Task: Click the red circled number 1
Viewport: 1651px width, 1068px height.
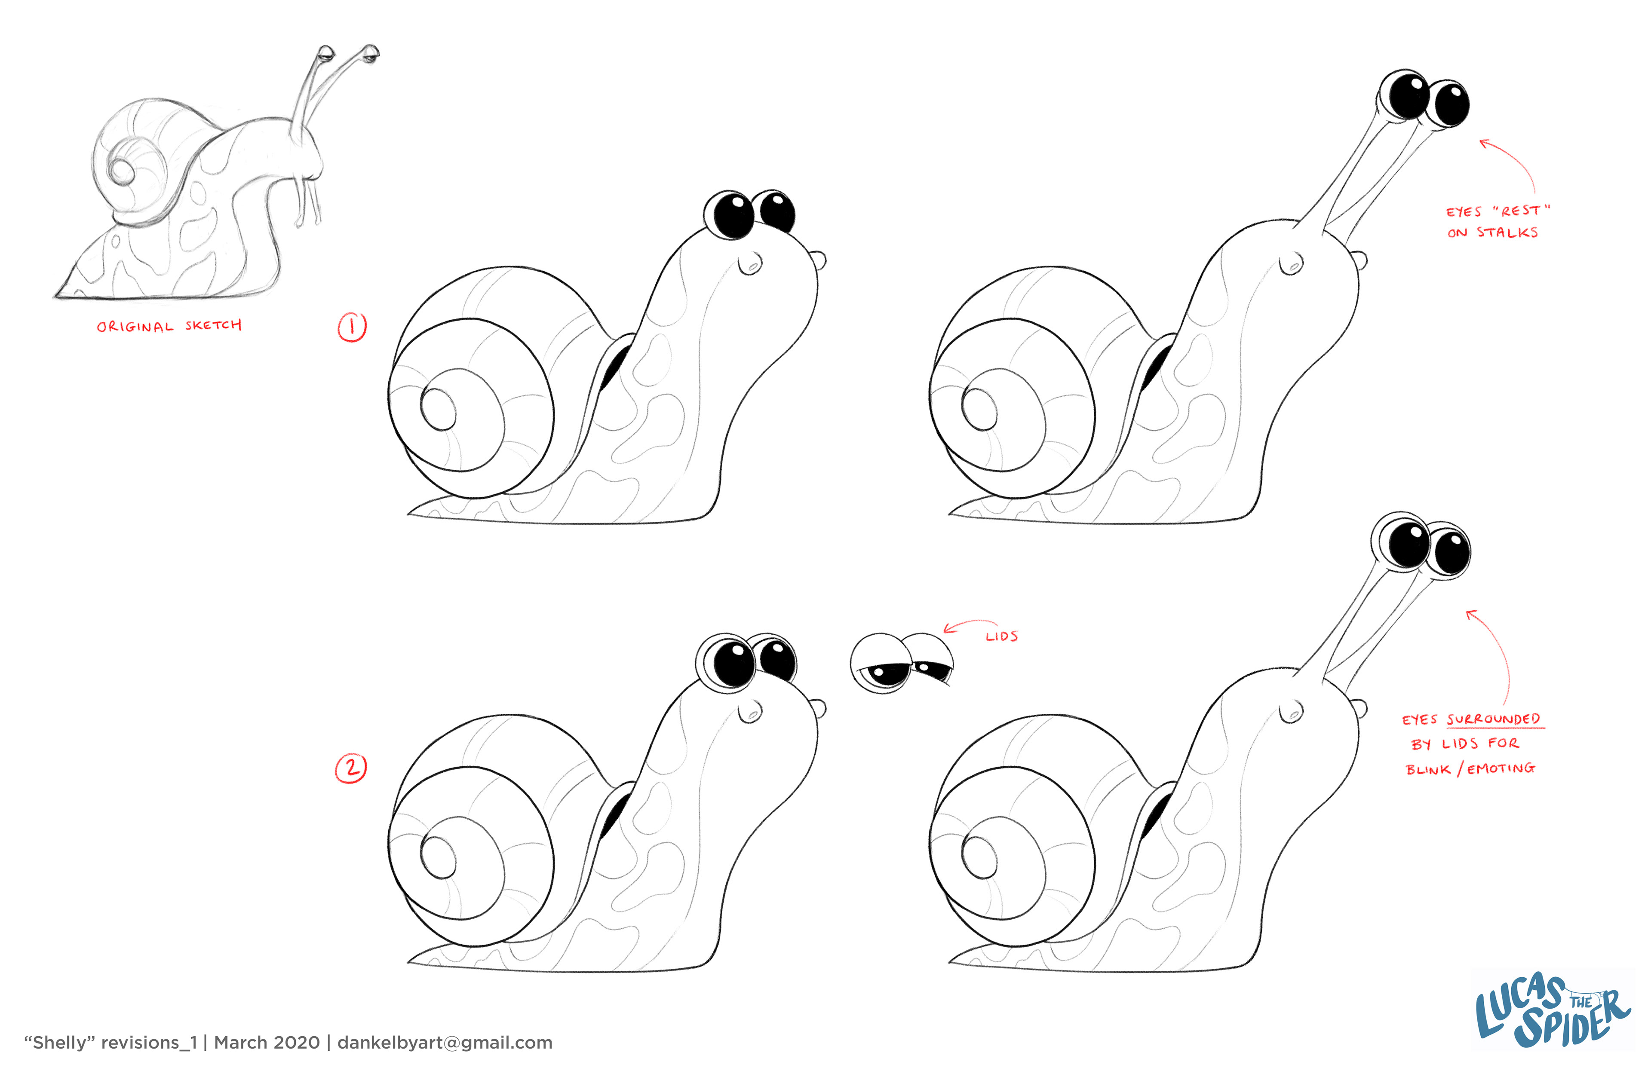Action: click(352, 327)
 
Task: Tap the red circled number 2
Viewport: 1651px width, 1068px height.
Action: click(351, 768)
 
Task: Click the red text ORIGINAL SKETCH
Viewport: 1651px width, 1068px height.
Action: click(169, 326)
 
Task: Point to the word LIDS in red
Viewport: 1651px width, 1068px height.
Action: click(1002, 636)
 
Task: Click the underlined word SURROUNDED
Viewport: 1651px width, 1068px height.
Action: click(1493, 719)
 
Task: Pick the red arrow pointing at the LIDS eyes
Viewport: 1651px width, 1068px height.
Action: click(970, 624)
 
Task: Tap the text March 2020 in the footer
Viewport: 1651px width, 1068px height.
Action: click(267, 1042)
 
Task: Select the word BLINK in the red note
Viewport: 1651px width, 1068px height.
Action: click(1427, 770)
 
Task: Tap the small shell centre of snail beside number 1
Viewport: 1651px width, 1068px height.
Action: click(439, 410)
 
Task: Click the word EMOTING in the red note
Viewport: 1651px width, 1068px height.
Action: click(1501, 768)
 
